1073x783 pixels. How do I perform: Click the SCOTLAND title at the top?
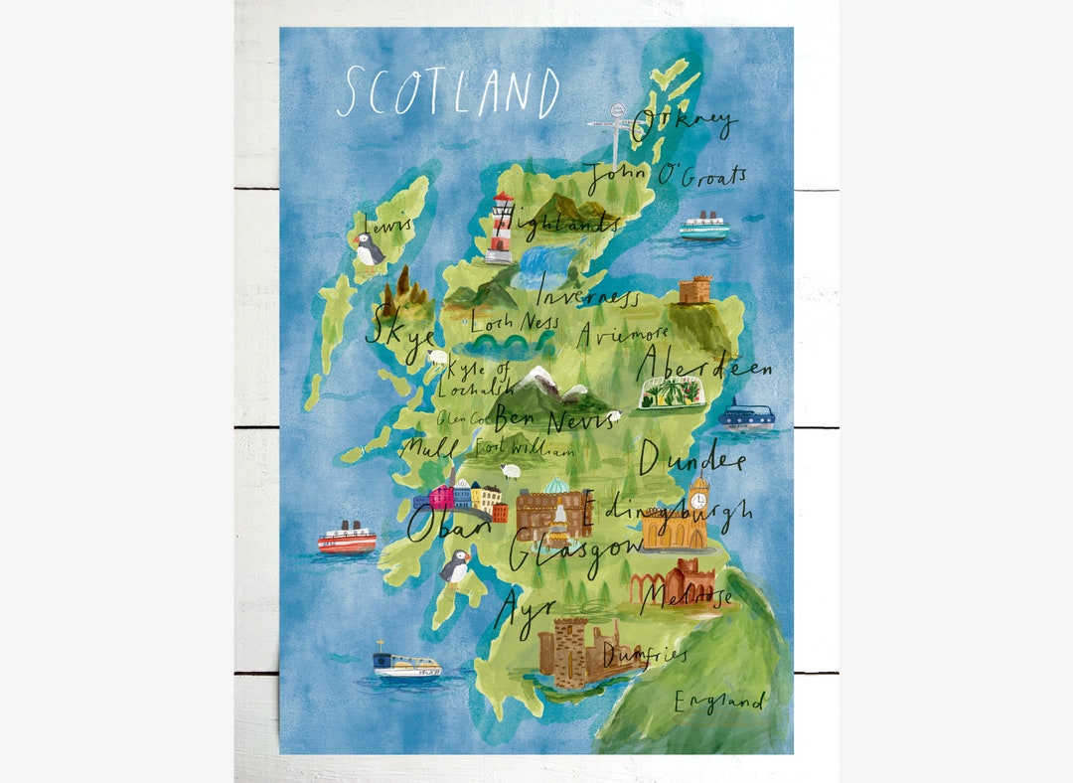coord(448,92)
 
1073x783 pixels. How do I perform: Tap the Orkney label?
coord(685,124)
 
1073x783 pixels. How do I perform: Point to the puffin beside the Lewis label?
coord(369,249)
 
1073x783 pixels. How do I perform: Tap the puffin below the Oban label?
coord(455,567)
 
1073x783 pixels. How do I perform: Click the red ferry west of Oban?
coord(347,539)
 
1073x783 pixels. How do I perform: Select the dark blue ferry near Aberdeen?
coord(747,414)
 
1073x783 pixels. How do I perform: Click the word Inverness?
coord(588,295)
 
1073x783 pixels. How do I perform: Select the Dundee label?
coord(691,459)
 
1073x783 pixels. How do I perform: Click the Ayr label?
coord(520,603)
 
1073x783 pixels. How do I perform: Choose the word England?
coord(719,702)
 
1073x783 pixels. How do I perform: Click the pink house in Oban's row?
coord(440,496)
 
